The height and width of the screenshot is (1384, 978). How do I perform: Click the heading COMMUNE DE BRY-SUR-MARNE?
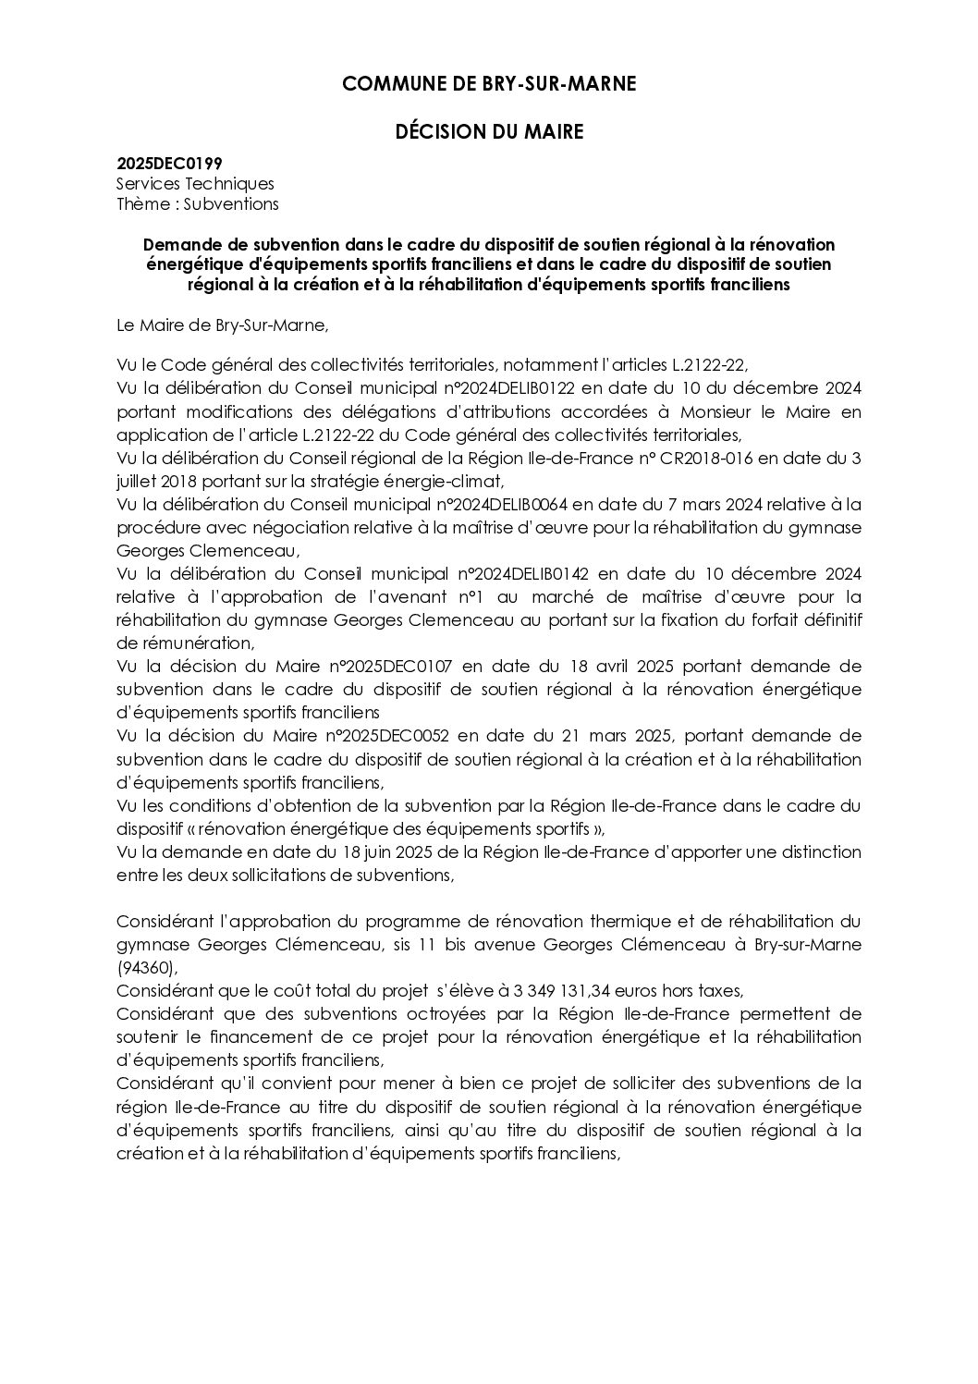[x=489, y=84]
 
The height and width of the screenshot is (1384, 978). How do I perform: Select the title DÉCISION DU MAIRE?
[x=489, y=132]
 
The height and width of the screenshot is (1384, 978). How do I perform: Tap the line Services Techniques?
[x=195, y=184]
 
